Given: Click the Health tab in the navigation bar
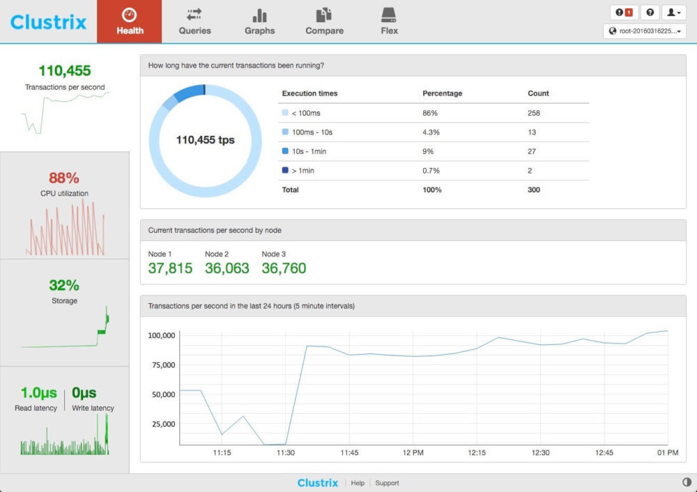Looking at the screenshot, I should click(130, 22).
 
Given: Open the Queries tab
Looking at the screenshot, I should click(194, 22).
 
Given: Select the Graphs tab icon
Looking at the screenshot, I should click(259, 15).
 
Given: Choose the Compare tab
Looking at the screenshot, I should click(324, 22).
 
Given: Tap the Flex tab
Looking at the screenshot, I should click(389, 22).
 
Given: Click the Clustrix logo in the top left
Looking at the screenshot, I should click(48, 22).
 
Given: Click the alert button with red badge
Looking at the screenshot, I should click(623, 13).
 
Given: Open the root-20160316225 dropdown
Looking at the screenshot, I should click(644, 31).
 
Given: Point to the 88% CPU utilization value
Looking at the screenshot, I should click(64, 178).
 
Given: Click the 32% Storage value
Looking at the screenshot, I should click(64, 285).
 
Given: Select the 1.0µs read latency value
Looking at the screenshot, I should click(39, 393).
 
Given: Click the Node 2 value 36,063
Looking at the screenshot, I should click(227, 268).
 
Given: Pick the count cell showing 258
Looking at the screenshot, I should click(534, 113).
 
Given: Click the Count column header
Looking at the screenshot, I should click(538, 93).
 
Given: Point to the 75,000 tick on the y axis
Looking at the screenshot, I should click(162, 365).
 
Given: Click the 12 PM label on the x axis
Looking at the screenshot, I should click(413, 453).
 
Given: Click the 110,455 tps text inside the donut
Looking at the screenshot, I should click(205, 140).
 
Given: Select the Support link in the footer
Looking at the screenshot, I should click(387, 483).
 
